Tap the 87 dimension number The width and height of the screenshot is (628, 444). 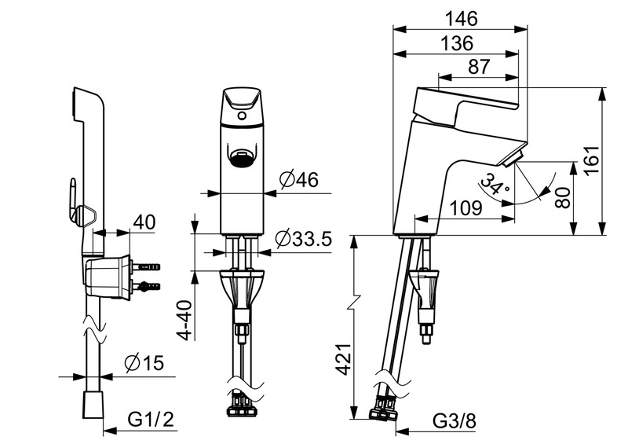[478, 68]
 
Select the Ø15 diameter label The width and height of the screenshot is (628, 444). [142, 364]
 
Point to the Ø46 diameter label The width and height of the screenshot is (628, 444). [298, 181]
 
